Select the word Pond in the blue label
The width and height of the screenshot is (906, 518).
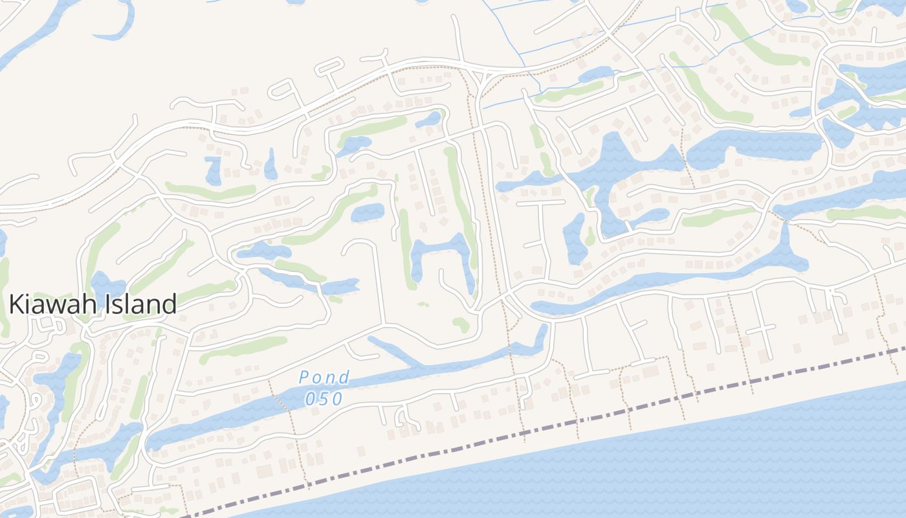click(324, 377)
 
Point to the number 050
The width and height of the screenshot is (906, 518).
click(324, 399)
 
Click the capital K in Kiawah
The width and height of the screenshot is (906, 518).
click(17, 304)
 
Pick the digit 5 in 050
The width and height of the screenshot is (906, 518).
click(324, 399)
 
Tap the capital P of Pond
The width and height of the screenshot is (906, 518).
click(305, 377)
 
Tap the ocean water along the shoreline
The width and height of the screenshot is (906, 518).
click(712, 466)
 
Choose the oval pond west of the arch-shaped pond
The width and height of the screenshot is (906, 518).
click(368, 212)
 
